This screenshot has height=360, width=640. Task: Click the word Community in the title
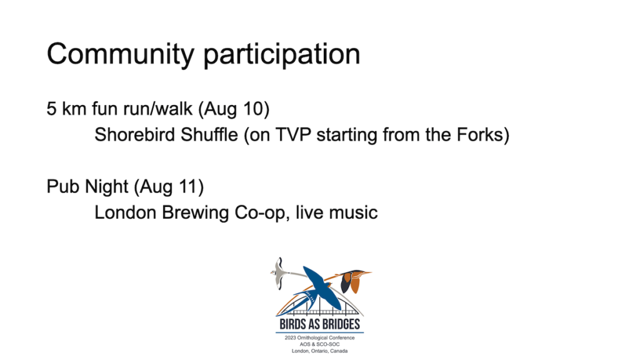tap(121, 54)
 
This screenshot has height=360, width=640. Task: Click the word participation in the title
tap(282, 54)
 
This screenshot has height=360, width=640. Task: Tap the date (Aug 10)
tap(234, 109)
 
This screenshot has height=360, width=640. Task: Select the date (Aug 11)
tap(169, 187)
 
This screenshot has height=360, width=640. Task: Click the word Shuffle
tap(209, 135)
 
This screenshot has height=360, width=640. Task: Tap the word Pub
tap(62, 186)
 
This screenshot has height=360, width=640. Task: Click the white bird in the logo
tap(279, 272)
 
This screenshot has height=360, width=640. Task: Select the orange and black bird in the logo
tap(352, 281)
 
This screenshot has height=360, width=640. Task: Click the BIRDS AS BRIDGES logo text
tap(319, 324)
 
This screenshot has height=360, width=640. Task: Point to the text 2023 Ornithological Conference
tap(319, 338)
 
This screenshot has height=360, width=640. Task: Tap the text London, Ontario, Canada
tap(319, 351)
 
